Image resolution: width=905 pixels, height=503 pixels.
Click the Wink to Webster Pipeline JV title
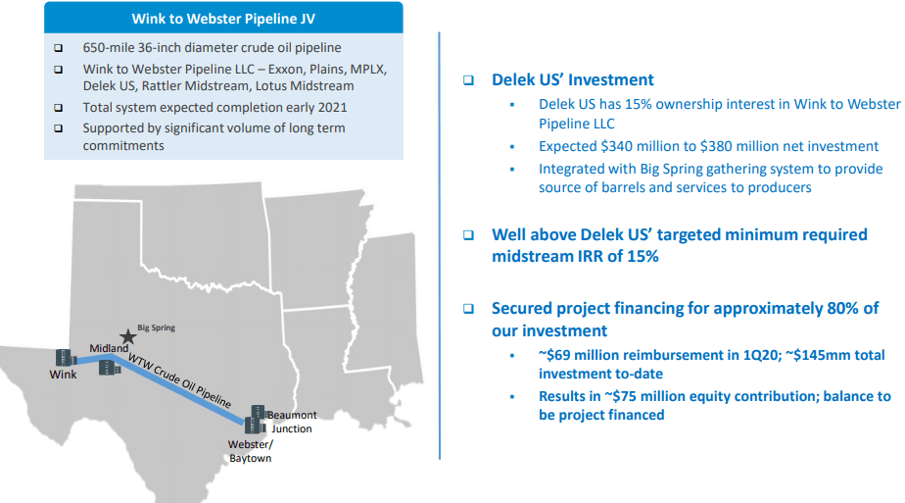(223, 19)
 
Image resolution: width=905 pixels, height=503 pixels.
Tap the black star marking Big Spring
(127, 336)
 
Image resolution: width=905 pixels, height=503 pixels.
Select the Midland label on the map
(109, 348)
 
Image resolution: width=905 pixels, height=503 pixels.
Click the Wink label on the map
(63, 375)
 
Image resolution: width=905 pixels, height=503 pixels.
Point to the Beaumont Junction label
(292, 422)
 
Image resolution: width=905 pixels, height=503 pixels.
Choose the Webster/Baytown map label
(251, 451)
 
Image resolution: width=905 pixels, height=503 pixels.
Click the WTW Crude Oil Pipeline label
(179, 380)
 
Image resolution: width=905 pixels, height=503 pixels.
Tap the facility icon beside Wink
(66, 358)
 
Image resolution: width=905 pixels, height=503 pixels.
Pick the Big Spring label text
(157, 327)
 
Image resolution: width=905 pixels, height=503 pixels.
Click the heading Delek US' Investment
(573, 79)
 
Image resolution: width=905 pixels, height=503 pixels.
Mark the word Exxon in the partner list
(285, 69)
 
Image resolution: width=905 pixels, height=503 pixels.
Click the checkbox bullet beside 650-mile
(59, 48)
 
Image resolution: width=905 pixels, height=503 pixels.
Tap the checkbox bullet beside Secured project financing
(468, 309)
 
